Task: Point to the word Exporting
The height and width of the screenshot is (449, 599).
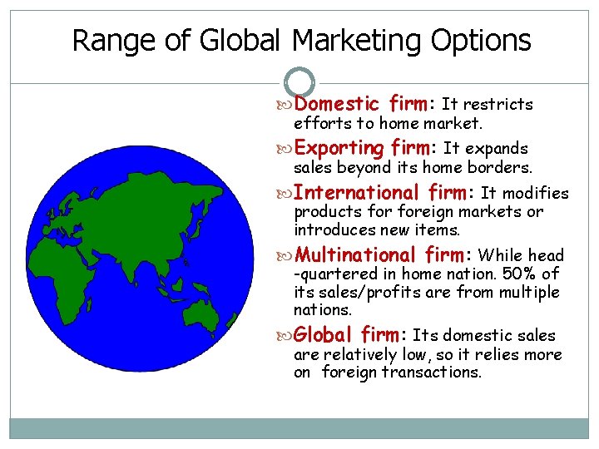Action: pos(339,148)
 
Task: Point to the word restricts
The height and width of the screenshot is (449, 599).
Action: pos(497,104)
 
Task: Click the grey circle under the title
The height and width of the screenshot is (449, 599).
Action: pos(299,82)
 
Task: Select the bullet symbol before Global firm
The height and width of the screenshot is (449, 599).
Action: pos(287,336)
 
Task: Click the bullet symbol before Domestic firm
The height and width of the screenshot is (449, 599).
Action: pos(287,105)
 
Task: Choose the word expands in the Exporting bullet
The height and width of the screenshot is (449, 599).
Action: pos(497,148)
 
